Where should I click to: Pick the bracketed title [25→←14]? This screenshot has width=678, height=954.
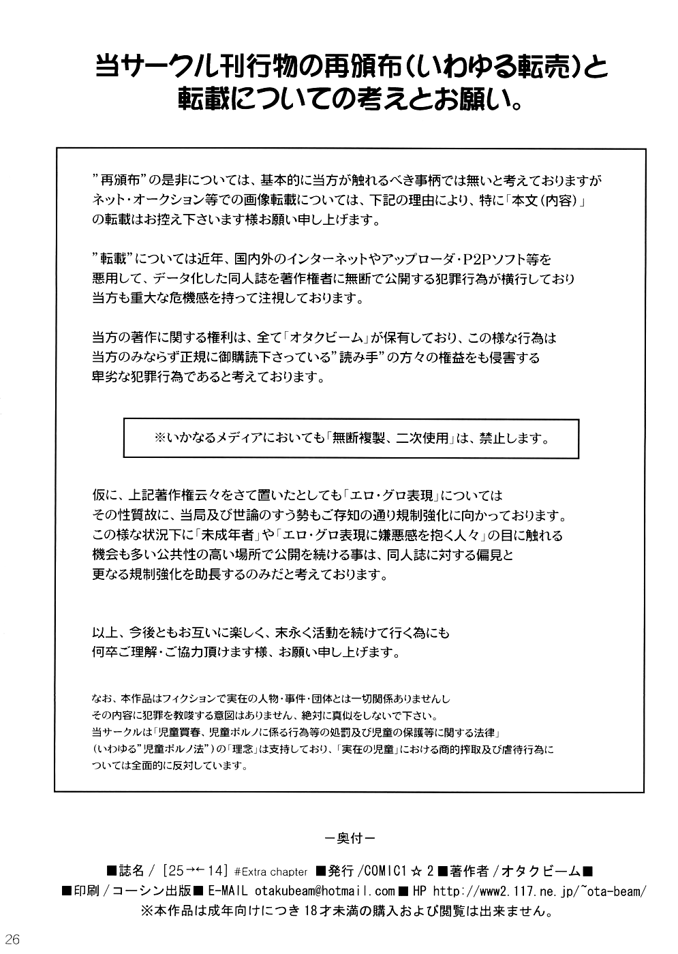click(x=194, y=871)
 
